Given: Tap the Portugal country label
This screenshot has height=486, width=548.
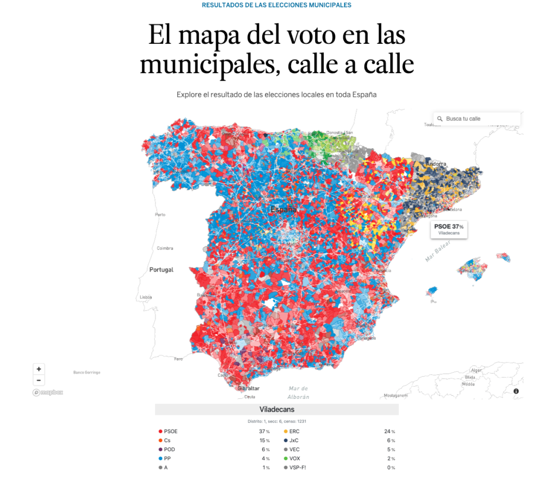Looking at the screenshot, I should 161,270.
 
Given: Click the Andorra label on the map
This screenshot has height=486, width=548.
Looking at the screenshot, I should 436,163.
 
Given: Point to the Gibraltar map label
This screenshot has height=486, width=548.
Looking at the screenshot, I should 248,388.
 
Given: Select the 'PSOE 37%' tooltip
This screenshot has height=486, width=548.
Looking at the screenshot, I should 448,229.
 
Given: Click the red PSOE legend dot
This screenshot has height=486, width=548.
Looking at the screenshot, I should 161,431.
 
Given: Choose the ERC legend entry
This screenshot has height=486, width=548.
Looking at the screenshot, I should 294,431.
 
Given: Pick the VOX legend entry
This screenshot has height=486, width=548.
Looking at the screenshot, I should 294,458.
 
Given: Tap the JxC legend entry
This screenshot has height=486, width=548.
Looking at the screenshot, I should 294,441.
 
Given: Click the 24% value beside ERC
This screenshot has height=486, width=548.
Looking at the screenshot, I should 389,431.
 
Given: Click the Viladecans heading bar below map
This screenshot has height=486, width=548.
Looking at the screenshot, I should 277,410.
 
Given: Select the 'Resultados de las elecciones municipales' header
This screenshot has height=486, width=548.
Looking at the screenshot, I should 277,5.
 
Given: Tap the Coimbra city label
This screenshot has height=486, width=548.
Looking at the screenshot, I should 165,248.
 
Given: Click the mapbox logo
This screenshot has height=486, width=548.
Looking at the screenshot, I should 48,392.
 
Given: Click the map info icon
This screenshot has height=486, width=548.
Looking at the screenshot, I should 516,391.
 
